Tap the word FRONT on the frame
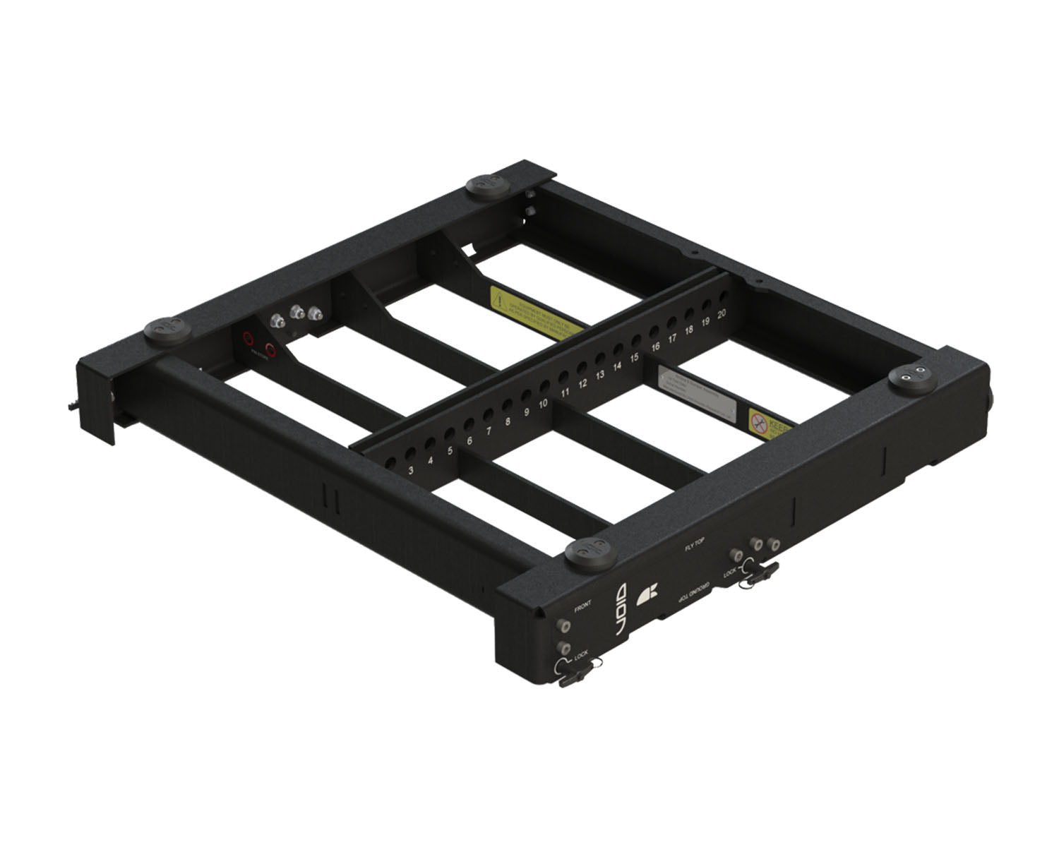582,606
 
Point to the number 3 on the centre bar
411,469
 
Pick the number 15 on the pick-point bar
634,358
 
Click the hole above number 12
582,368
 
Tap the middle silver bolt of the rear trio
297,312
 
